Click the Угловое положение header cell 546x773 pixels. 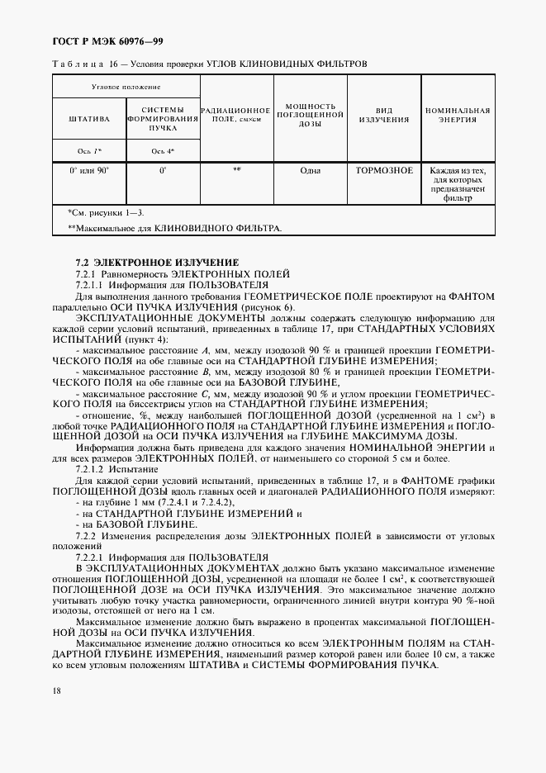pyautogui.click(x=126, y=87)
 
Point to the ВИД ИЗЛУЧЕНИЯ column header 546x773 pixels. pyautogui.click(x=384, y=114)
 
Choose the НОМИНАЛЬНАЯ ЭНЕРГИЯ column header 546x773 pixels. pyautogui.click(x=458, y=114)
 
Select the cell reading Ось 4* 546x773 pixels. pyautogui.click(x=163, y=151)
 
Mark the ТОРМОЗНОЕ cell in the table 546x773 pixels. pyautogui.click(x=384, y=171)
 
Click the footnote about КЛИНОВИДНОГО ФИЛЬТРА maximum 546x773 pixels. pyautogui.click(x=174, y=227)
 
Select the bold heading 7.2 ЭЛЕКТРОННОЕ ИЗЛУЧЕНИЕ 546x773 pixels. pyautogui.click(x=157, y=262)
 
